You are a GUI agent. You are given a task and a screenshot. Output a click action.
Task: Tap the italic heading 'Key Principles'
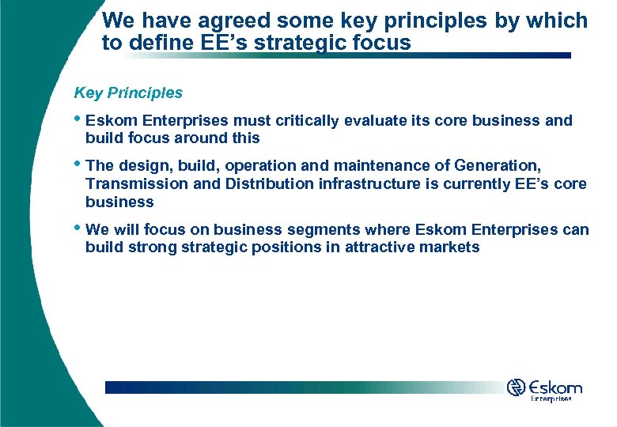[x=128, y=93]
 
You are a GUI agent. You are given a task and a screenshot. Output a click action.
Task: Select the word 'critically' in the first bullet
[x=307, y=121]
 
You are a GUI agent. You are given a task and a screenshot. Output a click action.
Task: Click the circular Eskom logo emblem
[x=517, y=387]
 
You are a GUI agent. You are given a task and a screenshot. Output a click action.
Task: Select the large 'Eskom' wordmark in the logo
[x=556, y=388]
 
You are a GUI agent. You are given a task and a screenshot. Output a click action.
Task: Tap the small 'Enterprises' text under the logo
[x=551, y=400]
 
